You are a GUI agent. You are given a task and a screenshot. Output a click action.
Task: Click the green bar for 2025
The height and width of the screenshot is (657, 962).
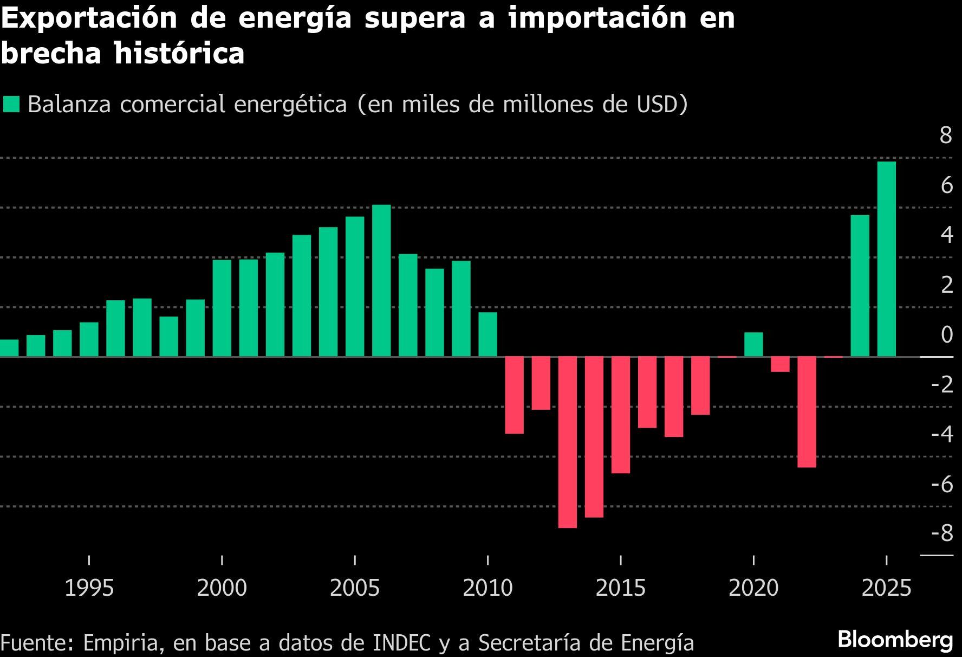[x=886, y=259]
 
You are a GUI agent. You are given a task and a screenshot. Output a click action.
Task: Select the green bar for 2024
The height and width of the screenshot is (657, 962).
[x=860, y=286]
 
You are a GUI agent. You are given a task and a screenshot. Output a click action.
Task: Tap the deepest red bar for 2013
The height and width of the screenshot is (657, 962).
[x=567, y=442]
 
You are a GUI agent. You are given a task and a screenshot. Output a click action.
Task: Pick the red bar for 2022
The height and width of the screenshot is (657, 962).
[x=807, y=411]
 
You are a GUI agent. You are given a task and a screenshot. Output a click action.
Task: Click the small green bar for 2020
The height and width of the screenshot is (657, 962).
[x=753, y=344]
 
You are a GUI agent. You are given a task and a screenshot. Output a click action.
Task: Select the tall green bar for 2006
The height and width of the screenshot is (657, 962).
[x=381, y=280]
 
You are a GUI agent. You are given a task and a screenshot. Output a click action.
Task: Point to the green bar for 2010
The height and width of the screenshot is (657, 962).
[x=487, y=334]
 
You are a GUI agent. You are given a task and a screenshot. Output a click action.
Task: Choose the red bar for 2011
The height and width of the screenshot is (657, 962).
[x=514, y=395]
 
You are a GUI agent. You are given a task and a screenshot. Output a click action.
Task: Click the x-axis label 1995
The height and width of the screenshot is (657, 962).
[x=89, y=588]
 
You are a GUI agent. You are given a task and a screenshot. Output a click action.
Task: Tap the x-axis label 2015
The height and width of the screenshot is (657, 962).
[x=620, y=588]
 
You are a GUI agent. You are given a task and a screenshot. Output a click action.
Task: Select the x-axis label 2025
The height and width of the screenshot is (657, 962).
[x=886, y=588]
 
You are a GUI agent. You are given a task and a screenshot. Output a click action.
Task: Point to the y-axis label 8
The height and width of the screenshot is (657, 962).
[x=945, y=136]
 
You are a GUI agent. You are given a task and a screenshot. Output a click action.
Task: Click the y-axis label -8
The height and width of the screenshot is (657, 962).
[x=942, y=533]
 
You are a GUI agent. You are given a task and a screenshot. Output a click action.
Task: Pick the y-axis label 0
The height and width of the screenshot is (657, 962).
[x=946, y=334]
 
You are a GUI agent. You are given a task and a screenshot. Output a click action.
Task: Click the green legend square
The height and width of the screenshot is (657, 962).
[x=11, y=104]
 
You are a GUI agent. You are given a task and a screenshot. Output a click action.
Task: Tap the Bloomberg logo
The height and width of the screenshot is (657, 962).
[x=895, y=640]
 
